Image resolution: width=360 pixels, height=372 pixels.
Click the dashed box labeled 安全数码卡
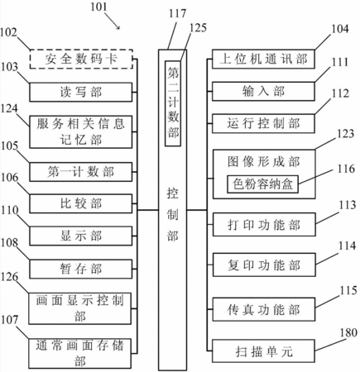tap(81, 59)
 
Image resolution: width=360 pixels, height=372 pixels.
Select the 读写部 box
tap(81, 92)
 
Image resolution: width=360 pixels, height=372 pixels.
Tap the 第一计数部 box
tap(80, 172)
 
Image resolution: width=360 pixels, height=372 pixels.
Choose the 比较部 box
tap(80, 203)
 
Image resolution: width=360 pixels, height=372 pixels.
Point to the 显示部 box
tap(80, 236)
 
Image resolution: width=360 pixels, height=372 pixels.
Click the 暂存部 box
tap(80, 269)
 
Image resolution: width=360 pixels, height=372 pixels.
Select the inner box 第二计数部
tap(173, 103)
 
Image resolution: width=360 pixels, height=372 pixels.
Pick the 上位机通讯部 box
tap(263, 59)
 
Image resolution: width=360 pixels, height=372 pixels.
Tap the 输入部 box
tap(263, 91)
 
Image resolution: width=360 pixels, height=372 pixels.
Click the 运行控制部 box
tap(263, 123)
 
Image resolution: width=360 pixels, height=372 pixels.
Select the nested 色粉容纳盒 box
tap(262, 184)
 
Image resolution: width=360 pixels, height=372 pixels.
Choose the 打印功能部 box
tap(264, 225)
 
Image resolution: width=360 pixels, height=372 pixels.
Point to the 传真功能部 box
tap(264, 309)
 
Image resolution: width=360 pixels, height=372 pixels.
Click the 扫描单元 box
tap(263, 351)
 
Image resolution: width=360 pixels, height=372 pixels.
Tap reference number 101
tap(98, 7)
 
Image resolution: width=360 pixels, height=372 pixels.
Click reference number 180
tap(348, 333)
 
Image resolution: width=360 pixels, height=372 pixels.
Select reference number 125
tap(198, 28)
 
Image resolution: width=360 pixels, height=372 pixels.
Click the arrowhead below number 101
tap(118, 27)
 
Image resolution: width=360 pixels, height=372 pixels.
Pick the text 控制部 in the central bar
tap(172, 215)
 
